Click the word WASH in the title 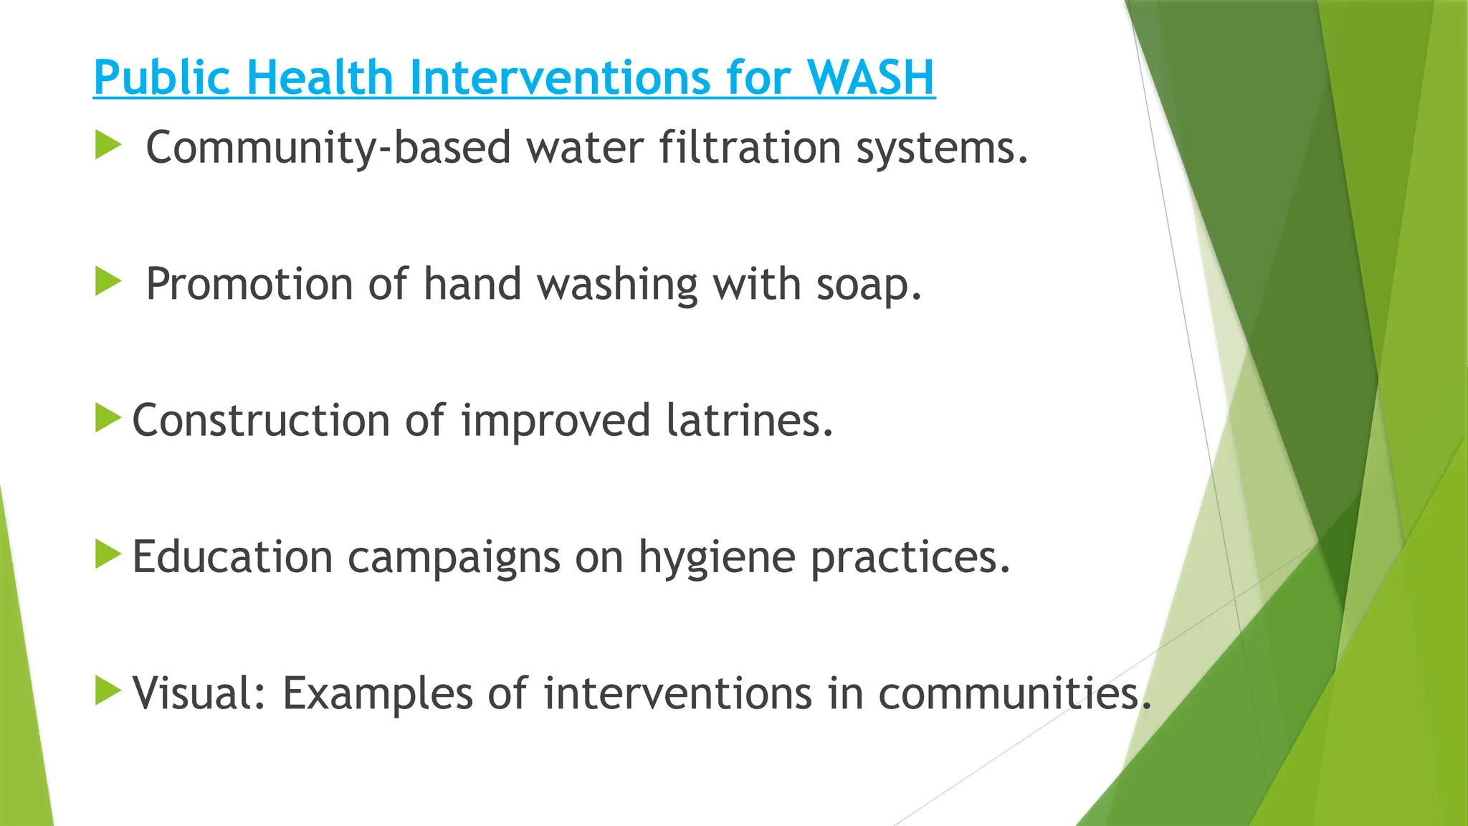pos(870,77)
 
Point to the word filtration pos(750,148)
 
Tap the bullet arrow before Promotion pos(108,282)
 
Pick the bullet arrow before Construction pos(108,418)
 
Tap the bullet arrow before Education pos(108,554)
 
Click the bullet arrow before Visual pos(108,690)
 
